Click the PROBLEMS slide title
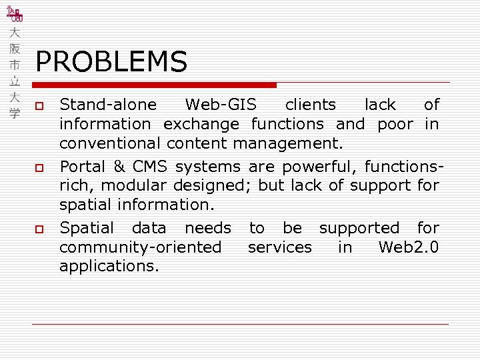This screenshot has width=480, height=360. (x=111, y=62)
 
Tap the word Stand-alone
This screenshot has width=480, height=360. (x=109, y=105)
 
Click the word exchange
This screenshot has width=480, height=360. (x=201, y=124)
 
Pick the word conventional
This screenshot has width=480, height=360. (x=110, y=143)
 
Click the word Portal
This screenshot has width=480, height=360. (x=79, y=166)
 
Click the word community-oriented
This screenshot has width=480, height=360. (x=140, y=247)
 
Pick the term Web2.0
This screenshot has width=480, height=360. (x=408, y=247)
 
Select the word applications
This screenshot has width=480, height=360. (x=109, y=267)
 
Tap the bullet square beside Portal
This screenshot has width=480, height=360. (x=39, y=167)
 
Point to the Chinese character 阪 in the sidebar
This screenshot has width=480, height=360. (x=15, y=49)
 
